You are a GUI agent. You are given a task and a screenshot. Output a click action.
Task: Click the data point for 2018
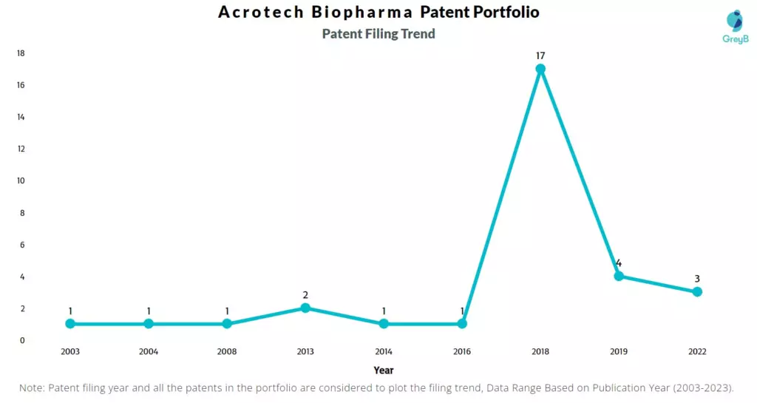[x=540, y=69]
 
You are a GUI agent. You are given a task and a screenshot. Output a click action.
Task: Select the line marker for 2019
[x=619, y=277]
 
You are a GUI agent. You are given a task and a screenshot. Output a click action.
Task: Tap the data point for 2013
[x=305, y=308]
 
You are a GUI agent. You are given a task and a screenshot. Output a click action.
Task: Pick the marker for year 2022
[x=697, y=292]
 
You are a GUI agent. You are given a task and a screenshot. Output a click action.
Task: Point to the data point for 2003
[x=70, y=324]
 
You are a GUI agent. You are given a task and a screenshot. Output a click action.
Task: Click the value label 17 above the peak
[x=540, y=55]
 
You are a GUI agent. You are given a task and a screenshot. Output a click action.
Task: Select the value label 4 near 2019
[x=619, y=263]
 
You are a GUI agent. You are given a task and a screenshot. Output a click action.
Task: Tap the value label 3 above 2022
[x=697, y=279]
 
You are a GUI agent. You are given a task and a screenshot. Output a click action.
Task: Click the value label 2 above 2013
[x=305, y=295]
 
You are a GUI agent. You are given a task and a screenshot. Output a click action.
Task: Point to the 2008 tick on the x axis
[x=227, y=352]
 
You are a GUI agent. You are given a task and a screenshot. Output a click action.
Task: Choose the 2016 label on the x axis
[x=462, y=352]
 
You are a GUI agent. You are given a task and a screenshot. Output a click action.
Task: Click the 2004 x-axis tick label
[x=149, y=352]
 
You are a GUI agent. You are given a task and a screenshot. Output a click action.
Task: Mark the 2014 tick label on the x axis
[x=384, y=352]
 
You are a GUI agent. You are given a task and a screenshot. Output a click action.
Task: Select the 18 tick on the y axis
[x=21, y=53]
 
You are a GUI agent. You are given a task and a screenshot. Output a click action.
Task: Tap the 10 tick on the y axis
[x=21, y=181]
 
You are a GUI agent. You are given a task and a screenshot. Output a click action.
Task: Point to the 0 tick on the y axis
[x=22, y=341]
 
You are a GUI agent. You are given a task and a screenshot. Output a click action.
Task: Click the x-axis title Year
[x=384, y=370]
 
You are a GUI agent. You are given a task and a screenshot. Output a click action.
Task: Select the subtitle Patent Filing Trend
[x=378, y=34]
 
